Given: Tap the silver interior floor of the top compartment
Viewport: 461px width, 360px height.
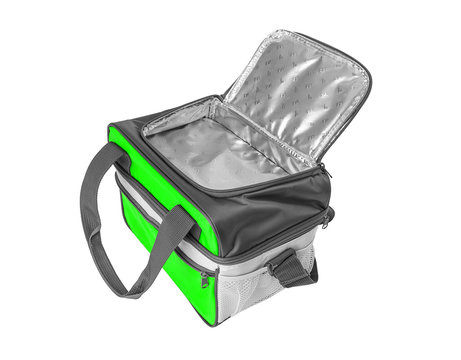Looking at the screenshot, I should point(215,150).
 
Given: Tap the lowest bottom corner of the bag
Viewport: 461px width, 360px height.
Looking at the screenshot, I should point(214,322).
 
